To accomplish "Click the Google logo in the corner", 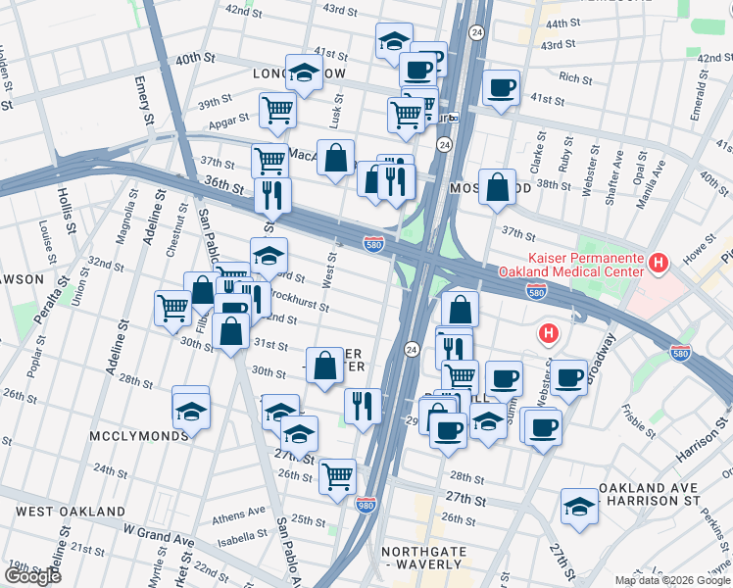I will [32, 576].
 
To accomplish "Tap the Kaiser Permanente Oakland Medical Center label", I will [569, 265].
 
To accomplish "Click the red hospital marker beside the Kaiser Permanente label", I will [659, 263].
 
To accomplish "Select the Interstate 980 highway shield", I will [366, 502].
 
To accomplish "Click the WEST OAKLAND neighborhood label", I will [71, 512].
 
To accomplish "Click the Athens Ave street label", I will [239, 512].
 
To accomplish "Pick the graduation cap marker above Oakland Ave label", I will [579, 506].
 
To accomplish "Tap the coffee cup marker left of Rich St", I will [500, 87].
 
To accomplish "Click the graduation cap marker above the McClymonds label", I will [191, 410].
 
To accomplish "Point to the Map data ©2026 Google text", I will [671, 580].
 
